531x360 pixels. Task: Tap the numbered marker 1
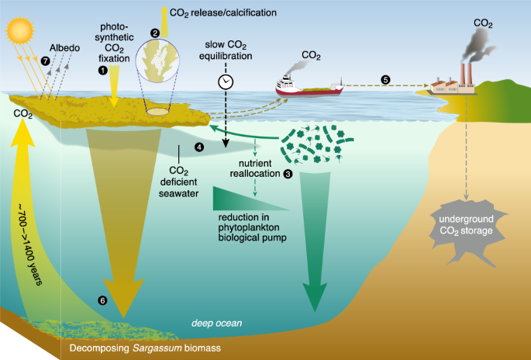102,70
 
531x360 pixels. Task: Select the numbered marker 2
155,33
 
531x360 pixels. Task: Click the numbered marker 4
198,147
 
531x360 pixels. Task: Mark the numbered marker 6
102,300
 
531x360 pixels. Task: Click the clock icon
226,81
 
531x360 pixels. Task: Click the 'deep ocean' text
216,322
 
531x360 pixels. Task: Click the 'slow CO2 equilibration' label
226,50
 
